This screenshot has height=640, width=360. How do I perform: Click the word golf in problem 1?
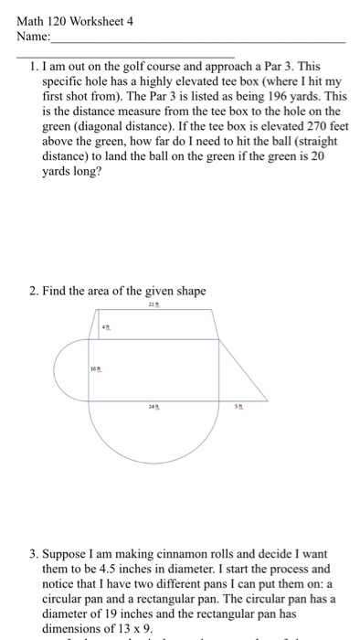pos(139,67)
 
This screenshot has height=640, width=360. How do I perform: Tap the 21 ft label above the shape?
pos(154,307)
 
